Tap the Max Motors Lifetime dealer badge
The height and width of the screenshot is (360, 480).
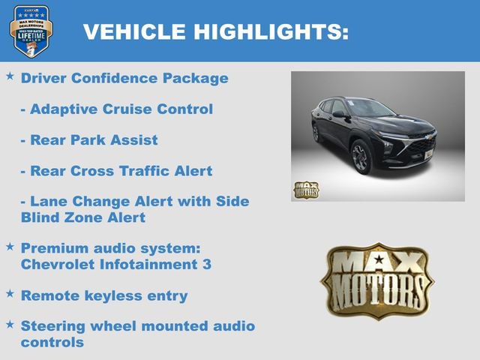point(30,31)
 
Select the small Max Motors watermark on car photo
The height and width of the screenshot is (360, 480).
point(305,190)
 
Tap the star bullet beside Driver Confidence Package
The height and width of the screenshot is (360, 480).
point(10,77)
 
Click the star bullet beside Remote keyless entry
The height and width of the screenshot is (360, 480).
point(10,295)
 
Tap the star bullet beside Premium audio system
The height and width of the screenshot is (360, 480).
point(10,246)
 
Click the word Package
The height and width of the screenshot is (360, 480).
point(195,78)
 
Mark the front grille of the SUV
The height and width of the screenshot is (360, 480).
point(418,148)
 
